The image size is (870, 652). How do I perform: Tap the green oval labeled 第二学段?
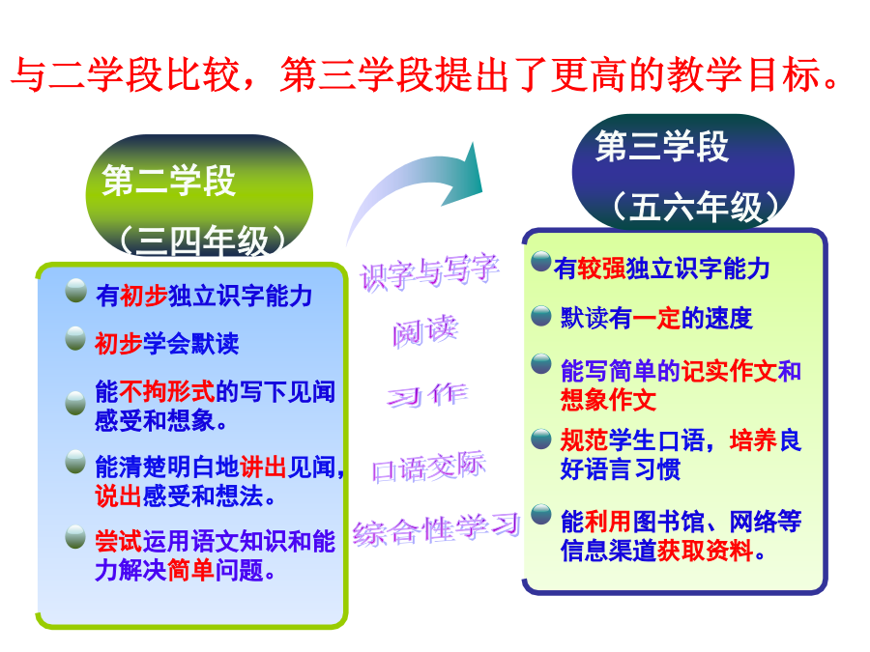coord(199,195)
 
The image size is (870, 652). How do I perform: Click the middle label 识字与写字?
coord(430,272)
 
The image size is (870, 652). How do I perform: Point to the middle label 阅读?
coord(425,331)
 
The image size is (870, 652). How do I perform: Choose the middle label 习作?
coord(427,395)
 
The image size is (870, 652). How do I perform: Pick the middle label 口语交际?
coord(429,468)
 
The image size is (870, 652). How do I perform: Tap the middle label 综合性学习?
coord(437,529)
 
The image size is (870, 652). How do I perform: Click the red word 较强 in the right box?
coord(601,269)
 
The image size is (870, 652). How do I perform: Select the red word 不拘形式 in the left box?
coord(167,391)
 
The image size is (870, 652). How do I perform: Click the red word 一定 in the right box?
coord(656,318)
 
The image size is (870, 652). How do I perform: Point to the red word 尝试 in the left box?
coord(119,541)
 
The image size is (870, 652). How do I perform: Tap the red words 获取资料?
coord(705,551)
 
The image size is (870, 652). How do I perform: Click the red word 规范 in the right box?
coord(584,440)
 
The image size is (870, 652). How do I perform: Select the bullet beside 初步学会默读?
coord(75,339)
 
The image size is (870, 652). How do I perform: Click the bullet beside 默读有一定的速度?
coord(541,316)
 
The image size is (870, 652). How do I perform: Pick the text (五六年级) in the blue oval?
coord(696,207)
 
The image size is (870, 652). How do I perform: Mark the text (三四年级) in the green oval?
coord(203,241)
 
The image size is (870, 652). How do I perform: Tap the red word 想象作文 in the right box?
coord(609,400)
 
